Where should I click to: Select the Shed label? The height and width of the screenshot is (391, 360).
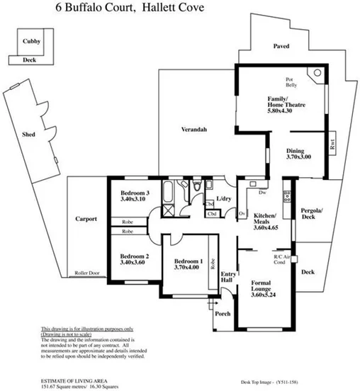coord(29,134)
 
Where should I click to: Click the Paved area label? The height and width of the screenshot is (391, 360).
coord(282,47)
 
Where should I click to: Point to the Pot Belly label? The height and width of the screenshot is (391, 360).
coord(290,81)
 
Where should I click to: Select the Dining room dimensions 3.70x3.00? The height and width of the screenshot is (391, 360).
coord(298,157)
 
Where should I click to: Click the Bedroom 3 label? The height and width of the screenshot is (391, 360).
coord(134,193)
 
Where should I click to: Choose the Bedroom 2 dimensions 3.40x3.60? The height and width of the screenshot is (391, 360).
coord(133,263)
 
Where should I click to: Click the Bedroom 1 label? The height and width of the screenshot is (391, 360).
coord(189,262)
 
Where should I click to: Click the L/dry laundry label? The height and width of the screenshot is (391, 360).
coord(225,198)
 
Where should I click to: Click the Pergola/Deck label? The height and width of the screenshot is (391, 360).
coord(313,215)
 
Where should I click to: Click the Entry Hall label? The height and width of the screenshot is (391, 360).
coord(228,278)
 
